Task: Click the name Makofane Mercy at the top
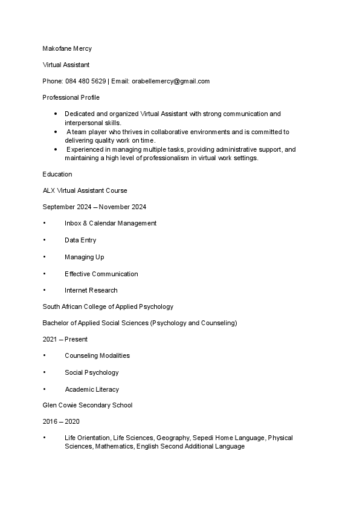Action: click(x=67, y=48)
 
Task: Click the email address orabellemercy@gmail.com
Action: click(x=170, y=81)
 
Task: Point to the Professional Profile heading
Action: click(x=71, y=97)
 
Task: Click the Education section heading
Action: click(x=57, y=174)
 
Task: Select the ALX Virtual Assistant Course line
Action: click(x=85, y=190)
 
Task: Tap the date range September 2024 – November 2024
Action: click(x=94, y=207)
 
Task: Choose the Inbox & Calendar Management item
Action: click(x=111, y=223)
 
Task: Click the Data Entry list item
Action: click(x=80, y=240)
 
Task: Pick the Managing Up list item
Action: click(x=84, y=257)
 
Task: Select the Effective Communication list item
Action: click(x=101, y=274)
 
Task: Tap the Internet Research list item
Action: click(x=91, y=290)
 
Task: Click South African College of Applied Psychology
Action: click(x=108, y=306)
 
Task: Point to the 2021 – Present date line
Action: click(x=65, y=340)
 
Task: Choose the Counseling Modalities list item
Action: click(x=97, y=355)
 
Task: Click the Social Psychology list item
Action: click(x=92, y=372)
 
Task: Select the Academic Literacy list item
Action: click(x=92, y=389)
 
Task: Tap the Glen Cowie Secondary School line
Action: click(x=87, y=405)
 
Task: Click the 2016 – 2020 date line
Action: click(x=61, y=421)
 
